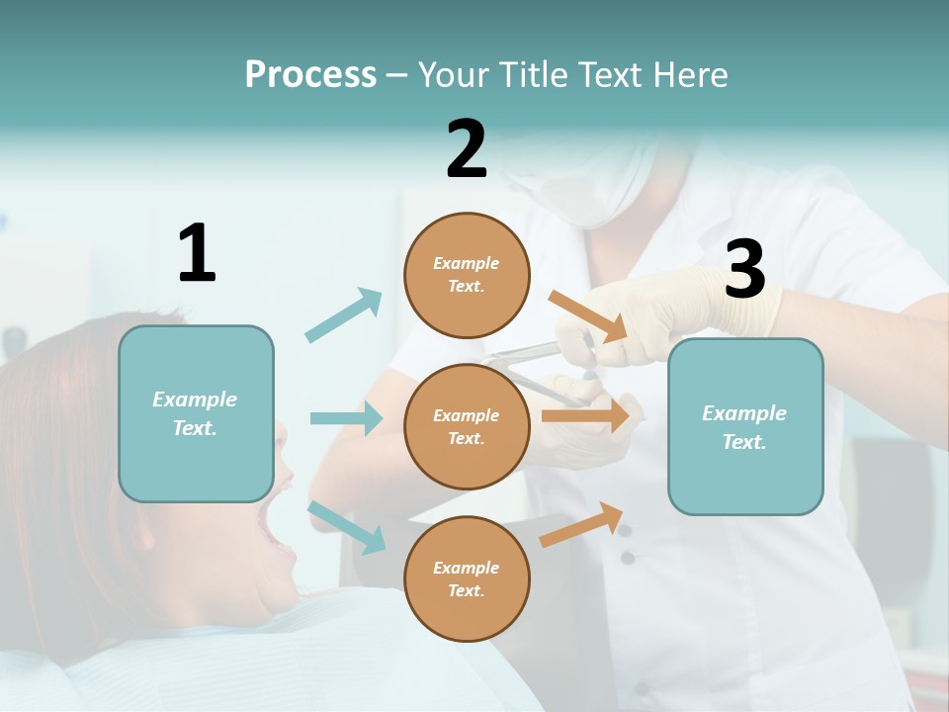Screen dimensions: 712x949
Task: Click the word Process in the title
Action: click(310, 75)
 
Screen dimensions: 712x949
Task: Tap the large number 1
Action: click(196, 253)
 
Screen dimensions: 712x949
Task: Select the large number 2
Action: click(467, 149)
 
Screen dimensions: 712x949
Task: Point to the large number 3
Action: click(744, 269)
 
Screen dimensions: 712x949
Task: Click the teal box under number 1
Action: click(196, 413)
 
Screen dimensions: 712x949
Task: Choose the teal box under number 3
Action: click(745, 426)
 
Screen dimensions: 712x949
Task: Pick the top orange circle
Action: click(467, 275)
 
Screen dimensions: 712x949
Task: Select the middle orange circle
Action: click(467, 426)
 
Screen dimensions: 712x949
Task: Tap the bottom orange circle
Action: click(467, 578)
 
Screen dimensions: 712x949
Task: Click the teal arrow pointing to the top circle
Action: click(343, 315)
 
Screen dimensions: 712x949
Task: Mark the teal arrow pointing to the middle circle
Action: click(346, 418)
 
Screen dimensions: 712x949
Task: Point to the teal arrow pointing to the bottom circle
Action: click(346, 526)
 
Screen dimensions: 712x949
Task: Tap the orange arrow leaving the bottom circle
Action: click(581, 525)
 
